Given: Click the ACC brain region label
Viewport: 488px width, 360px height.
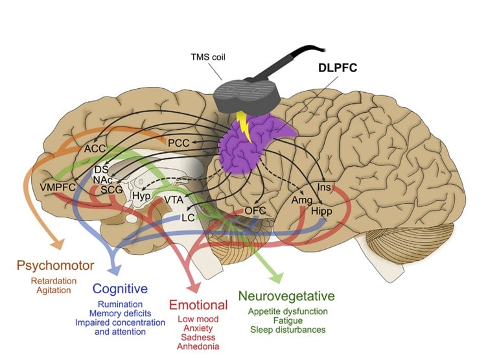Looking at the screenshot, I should pos(95,149).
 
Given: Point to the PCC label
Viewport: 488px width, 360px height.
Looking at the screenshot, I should pos(179,142).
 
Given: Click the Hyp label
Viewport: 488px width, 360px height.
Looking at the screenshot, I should pos(142,195).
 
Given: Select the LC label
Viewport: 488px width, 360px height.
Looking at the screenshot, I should pos(189,218).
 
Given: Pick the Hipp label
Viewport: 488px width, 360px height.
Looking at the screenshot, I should pos(322,211).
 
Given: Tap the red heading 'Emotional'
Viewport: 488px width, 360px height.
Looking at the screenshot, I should pos(198,305).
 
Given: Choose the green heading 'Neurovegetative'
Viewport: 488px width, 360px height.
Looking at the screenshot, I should pos(288,296).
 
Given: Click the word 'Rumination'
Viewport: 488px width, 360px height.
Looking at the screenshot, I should pos(120,304).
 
